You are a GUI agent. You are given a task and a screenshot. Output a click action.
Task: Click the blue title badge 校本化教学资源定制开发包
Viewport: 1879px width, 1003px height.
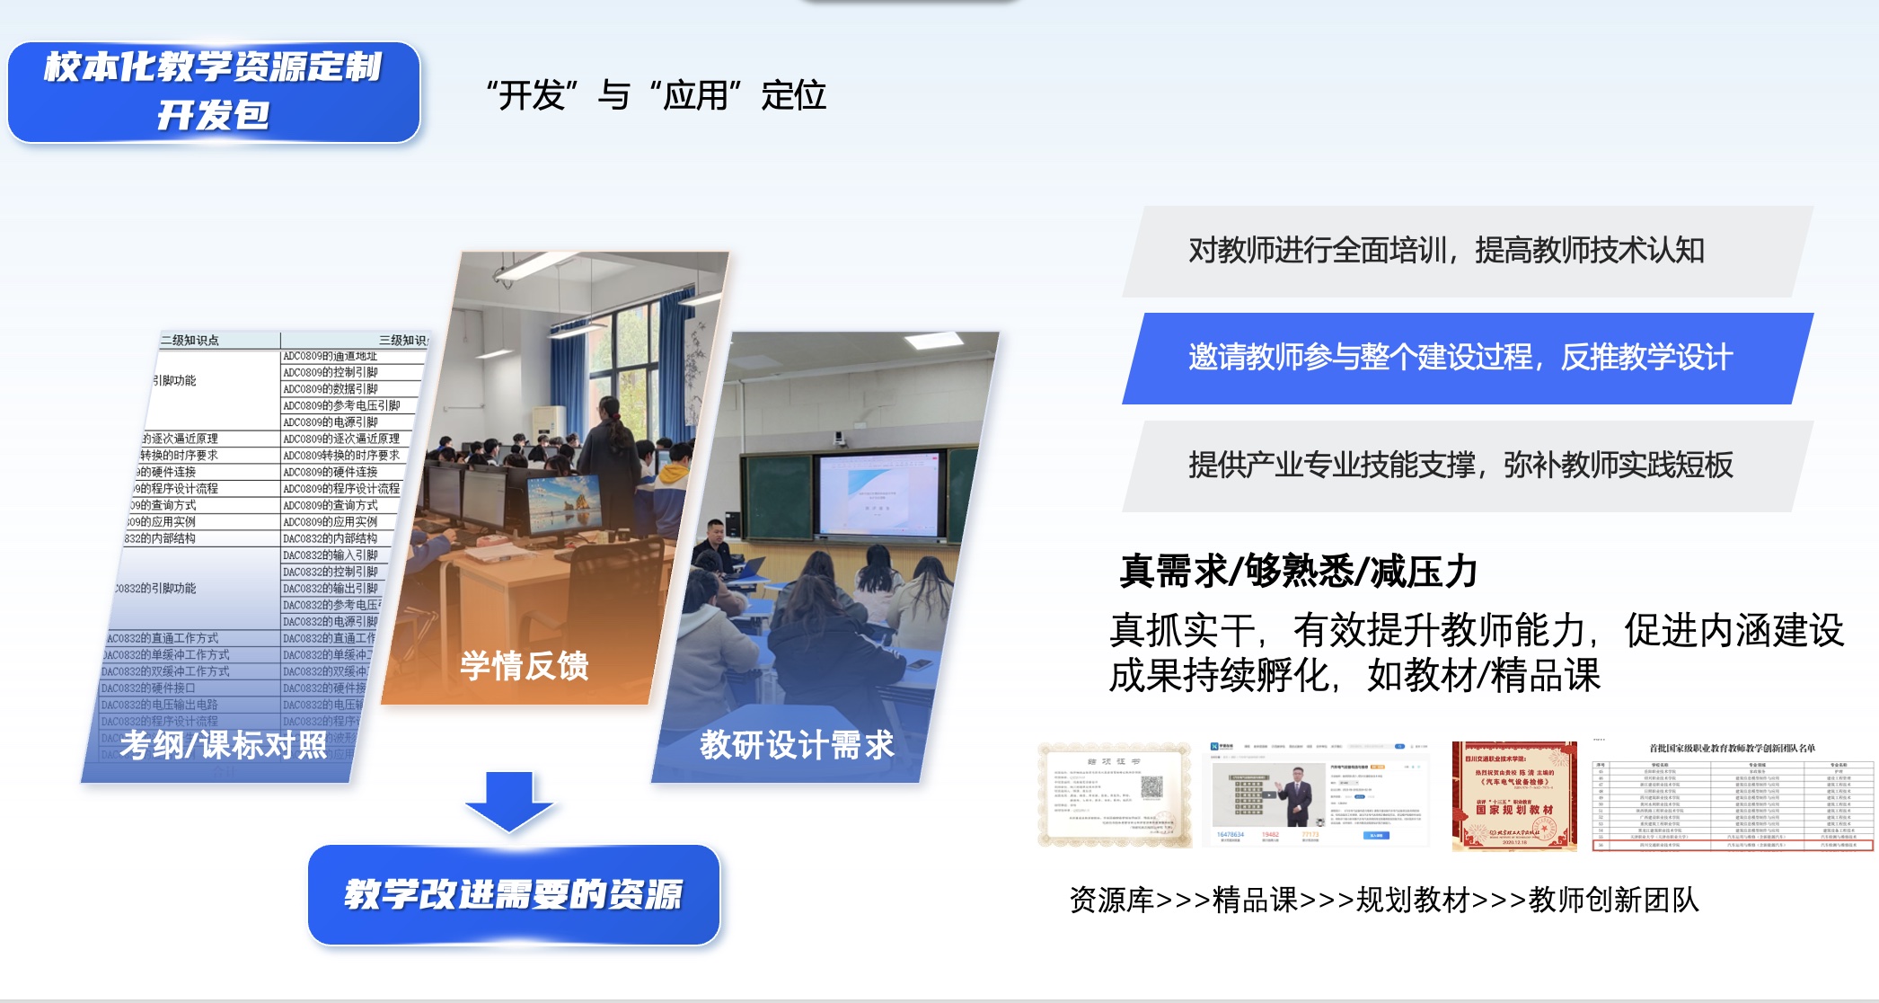pos(214,92)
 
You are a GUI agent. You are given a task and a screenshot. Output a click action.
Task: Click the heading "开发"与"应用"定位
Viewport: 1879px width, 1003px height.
pos(656,95)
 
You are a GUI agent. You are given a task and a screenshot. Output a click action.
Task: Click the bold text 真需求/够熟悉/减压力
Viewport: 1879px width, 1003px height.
pos(1298,572)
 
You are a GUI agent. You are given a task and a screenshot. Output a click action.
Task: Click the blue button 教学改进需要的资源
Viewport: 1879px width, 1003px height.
pos(514,894)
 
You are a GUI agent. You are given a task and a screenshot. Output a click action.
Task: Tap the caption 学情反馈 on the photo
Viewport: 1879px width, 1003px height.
pos(525,666)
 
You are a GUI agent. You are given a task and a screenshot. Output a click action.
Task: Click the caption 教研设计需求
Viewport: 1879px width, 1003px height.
pos(797,745)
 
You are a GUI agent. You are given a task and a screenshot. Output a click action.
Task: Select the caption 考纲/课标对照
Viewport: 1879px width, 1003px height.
pos(224,745)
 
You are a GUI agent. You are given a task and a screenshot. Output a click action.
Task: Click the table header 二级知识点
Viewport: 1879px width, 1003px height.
pos(190,341)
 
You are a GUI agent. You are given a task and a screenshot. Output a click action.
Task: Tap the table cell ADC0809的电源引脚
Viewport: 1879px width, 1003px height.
pos(331,422)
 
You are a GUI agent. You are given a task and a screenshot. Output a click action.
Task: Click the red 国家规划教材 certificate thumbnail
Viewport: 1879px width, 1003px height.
pos(1514,796)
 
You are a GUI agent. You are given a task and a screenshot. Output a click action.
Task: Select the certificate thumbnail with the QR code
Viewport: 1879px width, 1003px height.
pos(1114,794)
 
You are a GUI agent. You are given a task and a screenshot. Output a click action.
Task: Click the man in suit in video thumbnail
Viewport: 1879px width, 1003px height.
pos(1297,794)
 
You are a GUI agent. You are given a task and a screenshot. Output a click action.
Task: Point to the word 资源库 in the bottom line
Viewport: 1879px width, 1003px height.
pos(1111,900)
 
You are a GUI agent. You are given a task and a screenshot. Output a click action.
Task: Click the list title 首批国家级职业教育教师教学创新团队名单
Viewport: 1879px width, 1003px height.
pos(1732,748)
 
